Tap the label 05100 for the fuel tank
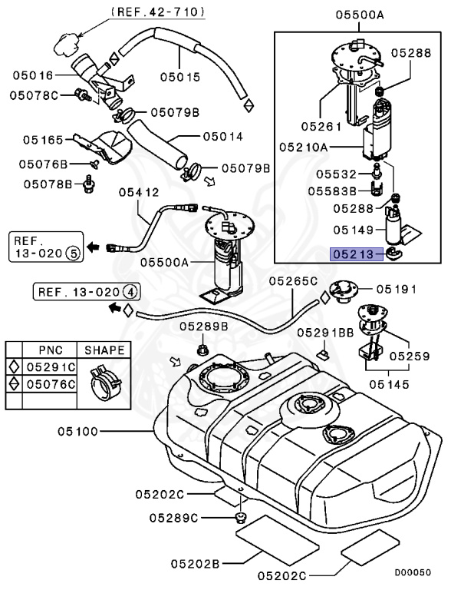pos(77,431)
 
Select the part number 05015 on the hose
pos(180,77)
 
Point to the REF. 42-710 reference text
pos(158,12)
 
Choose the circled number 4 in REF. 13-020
pos(130,292)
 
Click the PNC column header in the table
pos(51,350)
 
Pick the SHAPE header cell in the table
pos(104,350)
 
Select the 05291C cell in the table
pos(51,367)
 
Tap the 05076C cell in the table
pos(51,384)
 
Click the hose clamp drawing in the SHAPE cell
pos(104,383)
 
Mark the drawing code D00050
pos(413,572)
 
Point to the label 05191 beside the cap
pos(397,289)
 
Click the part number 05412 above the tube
pos(139,192)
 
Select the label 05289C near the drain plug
pos(173,518)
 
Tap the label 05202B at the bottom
pos(195,564)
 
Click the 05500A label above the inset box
pos(360,15)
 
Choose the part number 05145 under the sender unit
pos(389,384)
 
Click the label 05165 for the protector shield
pos(43,140)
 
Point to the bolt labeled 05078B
pos(89,184)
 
